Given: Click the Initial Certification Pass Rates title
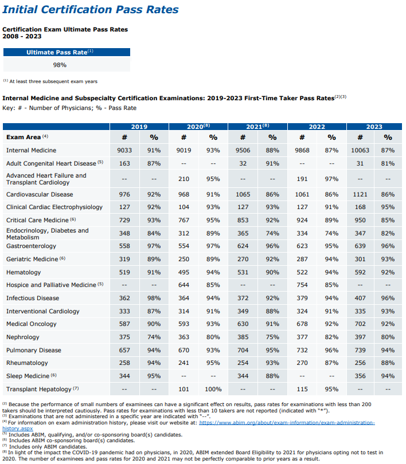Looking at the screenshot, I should [91, 10].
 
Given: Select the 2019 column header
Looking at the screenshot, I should [139, 127].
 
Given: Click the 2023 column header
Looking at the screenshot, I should [374, 127].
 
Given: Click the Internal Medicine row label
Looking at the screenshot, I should [31, 150].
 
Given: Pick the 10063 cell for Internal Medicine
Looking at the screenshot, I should [360, 150].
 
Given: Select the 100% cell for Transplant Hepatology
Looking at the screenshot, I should [213, 390].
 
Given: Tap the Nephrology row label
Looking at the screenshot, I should [22, 337].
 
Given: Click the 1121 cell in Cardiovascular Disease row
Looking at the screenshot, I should [360, 195].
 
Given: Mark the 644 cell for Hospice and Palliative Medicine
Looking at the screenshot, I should [183, 285].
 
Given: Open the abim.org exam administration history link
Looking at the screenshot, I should [287, 423].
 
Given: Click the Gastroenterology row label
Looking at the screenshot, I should [31, 246].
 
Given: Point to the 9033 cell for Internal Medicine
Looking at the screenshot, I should [124, 150].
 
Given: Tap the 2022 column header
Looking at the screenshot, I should [317, 127].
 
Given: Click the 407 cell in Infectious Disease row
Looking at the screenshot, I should [360, 298].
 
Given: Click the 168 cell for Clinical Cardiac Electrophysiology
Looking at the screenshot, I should [360, 207].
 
